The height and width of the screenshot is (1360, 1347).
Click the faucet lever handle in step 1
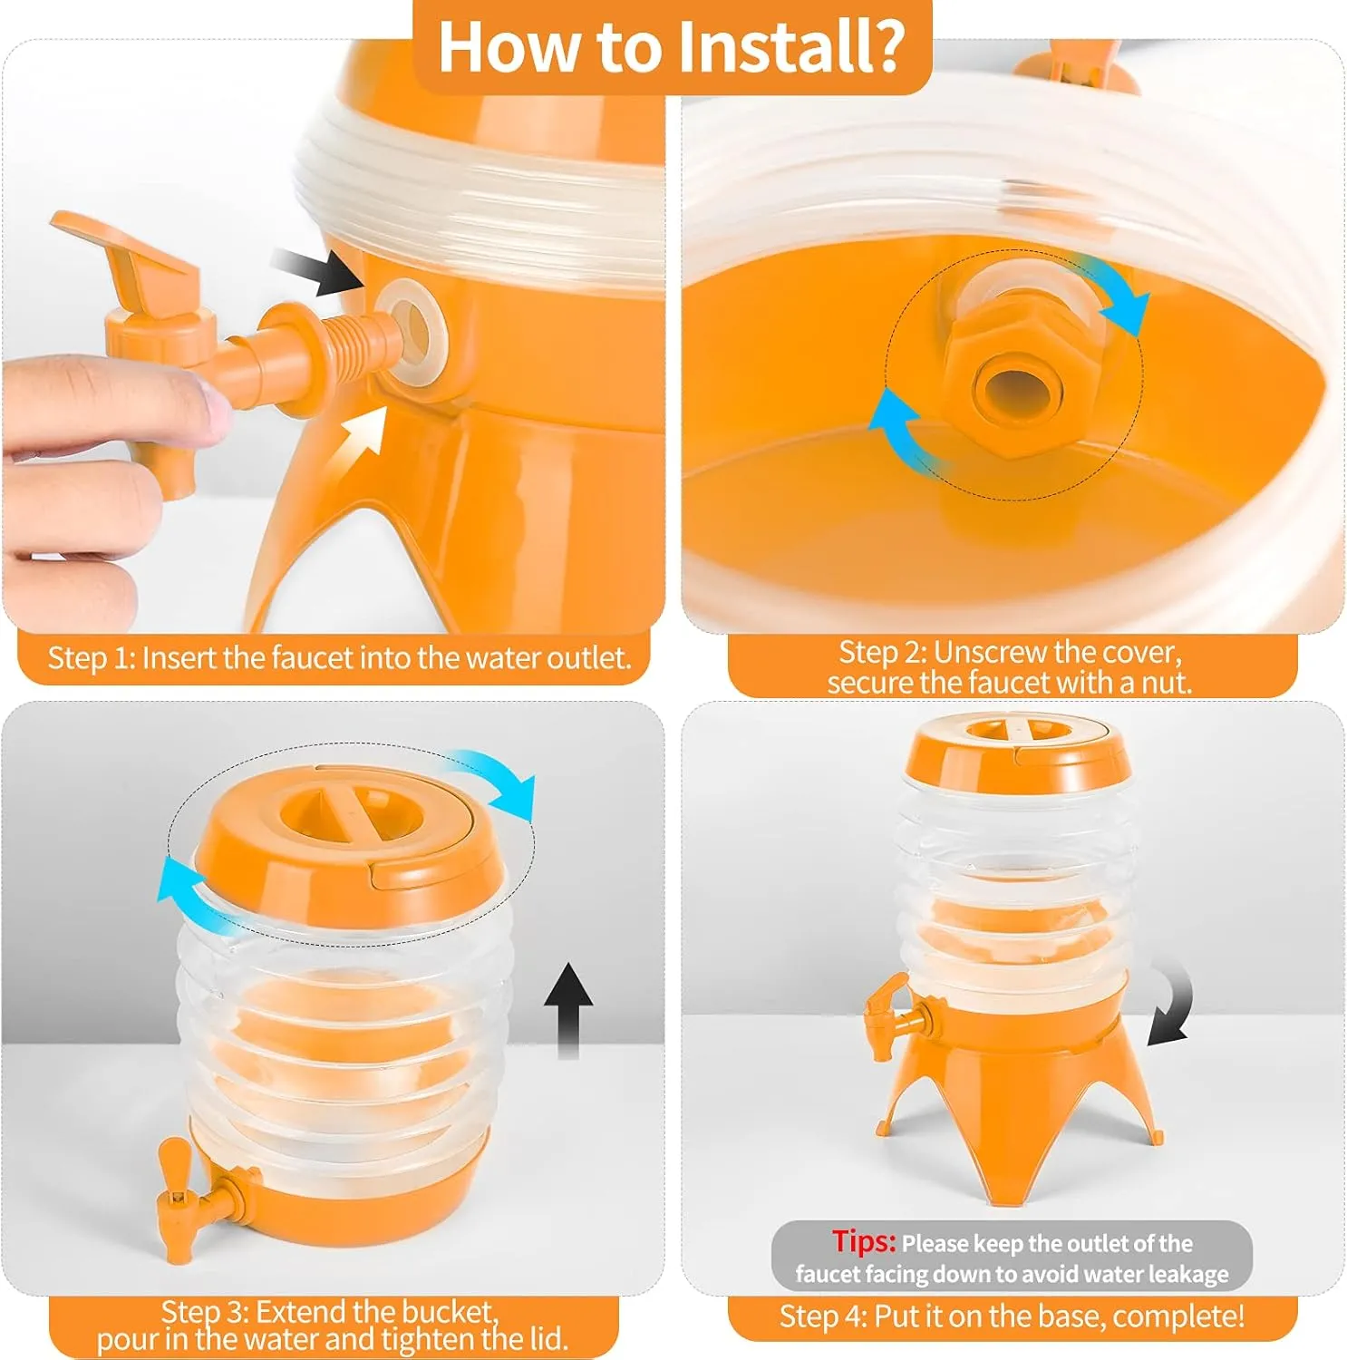[x=127, y=249]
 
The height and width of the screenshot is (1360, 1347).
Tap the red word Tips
[x=864, y=1241]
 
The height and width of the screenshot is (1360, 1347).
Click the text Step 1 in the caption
[x=90, y=658]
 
